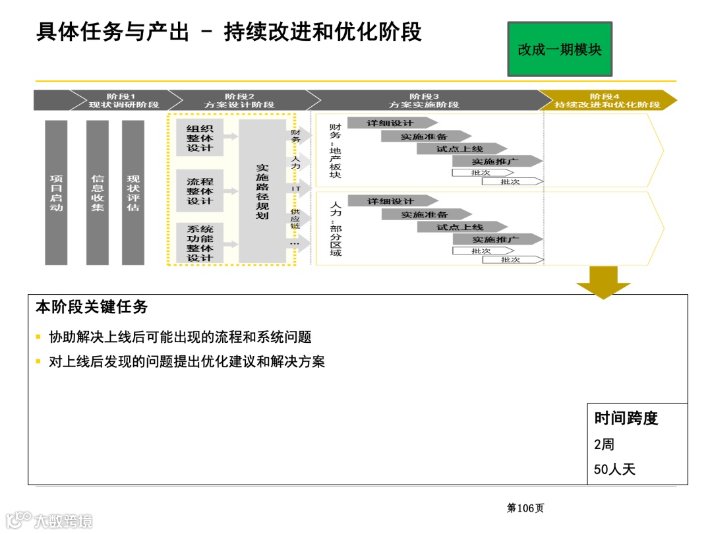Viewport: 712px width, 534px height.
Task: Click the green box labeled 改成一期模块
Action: click(x=560, y=49)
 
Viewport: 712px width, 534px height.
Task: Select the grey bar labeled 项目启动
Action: click(x=56, y=193)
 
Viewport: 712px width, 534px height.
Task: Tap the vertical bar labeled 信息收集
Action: click(x=98, y=193)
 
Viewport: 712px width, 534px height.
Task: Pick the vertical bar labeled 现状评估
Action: click(x=133, y=193)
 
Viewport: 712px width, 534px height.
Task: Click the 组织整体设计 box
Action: click(x=200, y=138)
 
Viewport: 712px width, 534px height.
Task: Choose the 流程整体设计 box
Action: click(x=200, y=191)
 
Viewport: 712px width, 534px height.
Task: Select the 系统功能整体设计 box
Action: click(x=200, y=243)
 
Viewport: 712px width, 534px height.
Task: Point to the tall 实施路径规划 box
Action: click(x=262, y=192)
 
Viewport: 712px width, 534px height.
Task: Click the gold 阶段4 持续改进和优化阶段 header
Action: click(x=607, y=100)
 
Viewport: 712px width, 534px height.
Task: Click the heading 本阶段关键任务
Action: click(x=92, y=307)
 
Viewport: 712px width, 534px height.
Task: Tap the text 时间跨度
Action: click(x=626, y=418)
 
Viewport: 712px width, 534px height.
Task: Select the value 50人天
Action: click(x=614, y=469)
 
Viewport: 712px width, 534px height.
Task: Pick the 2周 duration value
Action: click(x=604, y=444)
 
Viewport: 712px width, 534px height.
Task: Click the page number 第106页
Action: click(x=525, y=508)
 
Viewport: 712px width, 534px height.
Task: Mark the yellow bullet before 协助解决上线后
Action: click(x=39, y=338)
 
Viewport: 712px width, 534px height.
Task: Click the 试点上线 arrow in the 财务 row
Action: click(x=461, y=149)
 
